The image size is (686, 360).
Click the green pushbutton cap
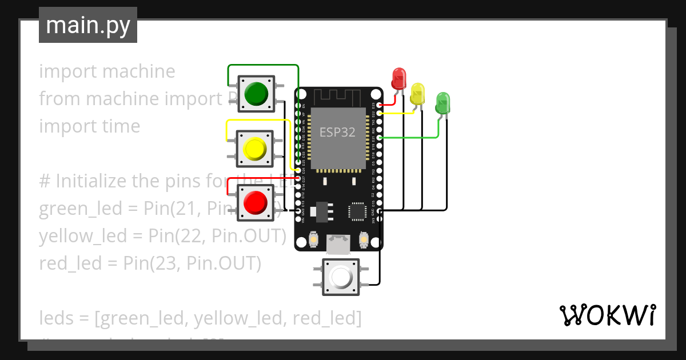click(256, 93)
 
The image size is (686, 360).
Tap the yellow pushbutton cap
click(255, 148)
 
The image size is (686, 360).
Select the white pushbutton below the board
click(341, 277)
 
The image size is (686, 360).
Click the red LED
click(398, 78)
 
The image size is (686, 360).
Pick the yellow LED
click(417, 93)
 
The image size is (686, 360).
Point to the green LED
click(442, 103)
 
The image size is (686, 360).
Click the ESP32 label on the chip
click(337, 133)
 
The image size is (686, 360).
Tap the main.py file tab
click(88, 25)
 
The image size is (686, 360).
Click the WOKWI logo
click(607, 315)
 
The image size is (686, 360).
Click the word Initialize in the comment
click(91, 181)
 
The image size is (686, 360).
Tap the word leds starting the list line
click(54, 318)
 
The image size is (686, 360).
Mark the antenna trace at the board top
click(338, 98)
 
